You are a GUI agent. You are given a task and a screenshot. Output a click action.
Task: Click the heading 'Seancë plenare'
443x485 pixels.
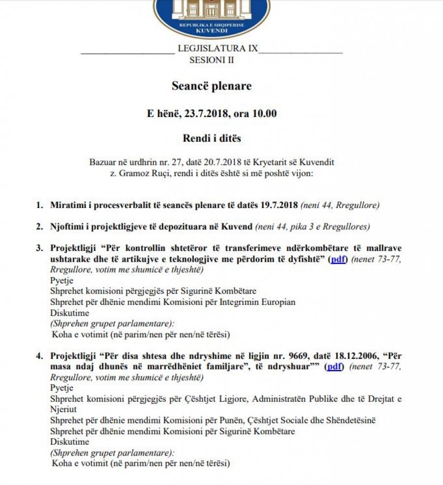point(212,86)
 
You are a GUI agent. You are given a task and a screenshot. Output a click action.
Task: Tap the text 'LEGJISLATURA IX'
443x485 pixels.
point(217,49)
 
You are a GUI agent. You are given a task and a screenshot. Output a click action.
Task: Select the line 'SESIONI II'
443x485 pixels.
point(212,60)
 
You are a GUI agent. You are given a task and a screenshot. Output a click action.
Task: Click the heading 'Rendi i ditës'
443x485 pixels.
point(212,138)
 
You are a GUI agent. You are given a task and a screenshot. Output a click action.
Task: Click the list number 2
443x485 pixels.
point(39,226)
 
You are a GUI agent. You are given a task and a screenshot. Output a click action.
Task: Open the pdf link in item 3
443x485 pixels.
point(338,260)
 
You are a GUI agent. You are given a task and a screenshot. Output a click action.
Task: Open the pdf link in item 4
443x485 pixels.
point(335,366)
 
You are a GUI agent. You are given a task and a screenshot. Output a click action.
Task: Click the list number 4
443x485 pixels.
point(39,355)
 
